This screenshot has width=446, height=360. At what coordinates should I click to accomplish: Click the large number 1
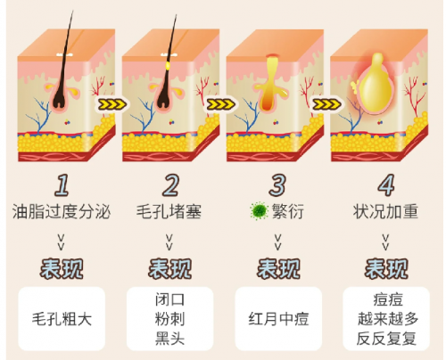click(x=62, y=185)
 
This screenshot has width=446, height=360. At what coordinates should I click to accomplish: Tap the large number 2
click(x=170, y=185)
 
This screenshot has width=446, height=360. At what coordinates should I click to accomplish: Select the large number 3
click(x=277, y=185)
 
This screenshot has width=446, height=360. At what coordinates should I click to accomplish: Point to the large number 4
click(x=386, y=185)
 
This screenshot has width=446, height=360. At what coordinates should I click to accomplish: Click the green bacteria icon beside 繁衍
click(x=259, y=211)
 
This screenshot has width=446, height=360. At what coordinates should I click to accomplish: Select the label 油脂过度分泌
click(x=62, y=211)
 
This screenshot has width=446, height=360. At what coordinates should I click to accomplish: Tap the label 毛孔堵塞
click(x=169, y=211)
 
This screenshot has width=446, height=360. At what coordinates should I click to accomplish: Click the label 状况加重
click(x=386, y=211)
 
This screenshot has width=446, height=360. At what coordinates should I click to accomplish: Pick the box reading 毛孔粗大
click(x=62, y=319)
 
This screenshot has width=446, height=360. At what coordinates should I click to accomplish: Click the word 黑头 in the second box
click(x=169, y=339)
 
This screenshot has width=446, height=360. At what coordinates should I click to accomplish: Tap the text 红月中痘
click(x=278, y=319)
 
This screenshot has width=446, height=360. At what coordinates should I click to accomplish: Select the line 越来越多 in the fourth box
click(x=388, y=319)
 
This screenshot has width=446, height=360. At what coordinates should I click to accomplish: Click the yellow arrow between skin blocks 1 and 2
click(x=111, y=104)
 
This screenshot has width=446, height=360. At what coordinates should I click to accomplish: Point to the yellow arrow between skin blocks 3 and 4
click(x=326, y=104)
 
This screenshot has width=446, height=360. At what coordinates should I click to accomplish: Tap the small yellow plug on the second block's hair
click(x=168, y=65)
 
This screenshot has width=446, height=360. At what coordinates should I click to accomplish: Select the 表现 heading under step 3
click(x=278, y=269)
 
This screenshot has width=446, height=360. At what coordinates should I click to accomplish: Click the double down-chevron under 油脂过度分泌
click(x=61, y=242)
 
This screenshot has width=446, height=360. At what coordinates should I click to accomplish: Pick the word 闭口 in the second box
click(x=169, y=299)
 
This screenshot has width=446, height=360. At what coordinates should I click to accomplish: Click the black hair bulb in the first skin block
click(x=61, y=98)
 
